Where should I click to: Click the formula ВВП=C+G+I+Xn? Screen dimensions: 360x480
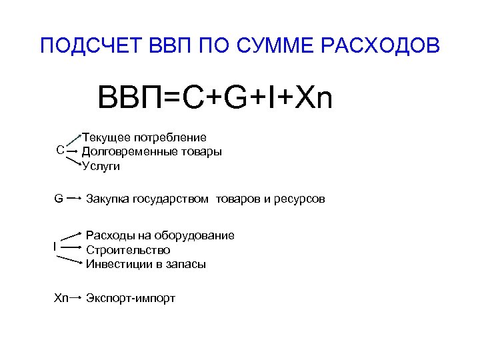(x=215, y=98)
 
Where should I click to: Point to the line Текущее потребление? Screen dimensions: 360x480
(x=143, y=137)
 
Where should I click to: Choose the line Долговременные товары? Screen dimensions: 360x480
(x=151, y=151)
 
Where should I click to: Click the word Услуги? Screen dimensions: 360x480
(x=101, y=166)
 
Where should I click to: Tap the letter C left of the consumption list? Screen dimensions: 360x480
(x=60, y=151)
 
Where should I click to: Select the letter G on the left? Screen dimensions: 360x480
(x=59, y=198)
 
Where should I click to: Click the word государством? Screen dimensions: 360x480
(x=171, y=199)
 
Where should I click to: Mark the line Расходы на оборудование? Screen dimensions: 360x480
(x=160, y=235)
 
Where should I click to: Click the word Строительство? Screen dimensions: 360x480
(x=128, y=250)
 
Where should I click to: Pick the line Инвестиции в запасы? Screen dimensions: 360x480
(x=146, y=264)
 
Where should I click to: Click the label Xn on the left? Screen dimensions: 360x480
(x=61, y=297)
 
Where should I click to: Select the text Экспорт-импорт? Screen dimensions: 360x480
(x=131, y=298)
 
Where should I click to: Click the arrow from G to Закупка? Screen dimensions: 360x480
(x=75, y=198)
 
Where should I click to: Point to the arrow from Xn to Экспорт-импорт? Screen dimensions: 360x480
(x=76, y=297)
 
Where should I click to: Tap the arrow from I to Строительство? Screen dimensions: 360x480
(x=71, y=248)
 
